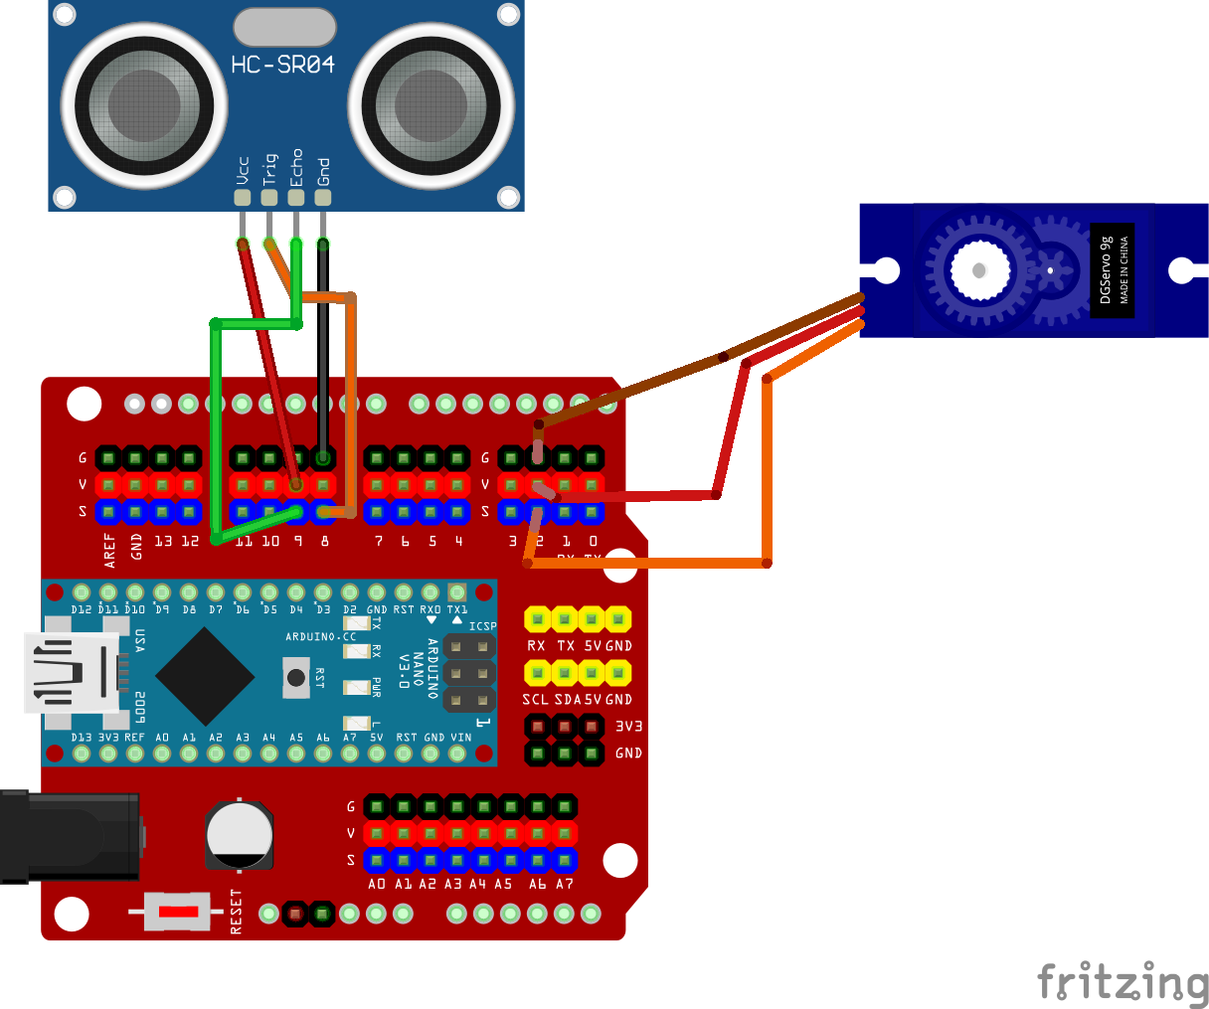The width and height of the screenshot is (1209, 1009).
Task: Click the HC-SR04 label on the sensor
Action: coord(282,66)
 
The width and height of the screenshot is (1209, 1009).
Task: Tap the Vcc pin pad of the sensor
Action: coord(242,197)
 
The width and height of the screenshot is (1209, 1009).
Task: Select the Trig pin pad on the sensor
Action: coord(268,197)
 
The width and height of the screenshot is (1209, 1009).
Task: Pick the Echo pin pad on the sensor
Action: coord(295,197)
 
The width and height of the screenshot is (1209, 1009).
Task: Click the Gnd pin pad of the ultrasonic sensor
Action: coord(322,197)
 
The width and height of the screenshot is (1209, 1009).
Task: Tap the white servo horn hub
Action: coord(979,269)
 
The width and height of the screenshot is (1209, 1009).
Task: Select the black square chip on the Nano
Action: coord(205,676)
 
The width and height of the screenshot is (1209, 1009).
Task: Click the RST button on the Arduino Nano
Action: coord(295,678)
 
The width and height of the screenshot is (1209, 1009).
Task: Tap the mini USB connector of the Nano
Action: coord(75,674)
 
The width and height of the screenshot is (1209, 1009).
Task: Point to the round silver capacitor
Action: coord(239,833)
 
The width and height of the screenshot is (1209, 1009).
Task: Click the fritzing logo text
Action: coord(1123,983)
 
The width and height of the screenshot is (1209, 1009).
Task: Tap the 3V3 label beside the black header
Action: coord(628,727)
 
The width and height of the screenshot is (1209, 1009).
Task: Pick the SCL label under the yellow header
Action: coord(535,699)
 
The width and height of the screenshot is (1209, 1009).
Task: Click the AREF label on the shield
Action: coord(109,550)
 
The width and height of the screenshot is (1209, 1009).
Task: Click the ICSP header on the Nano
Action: coord(469,674)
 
